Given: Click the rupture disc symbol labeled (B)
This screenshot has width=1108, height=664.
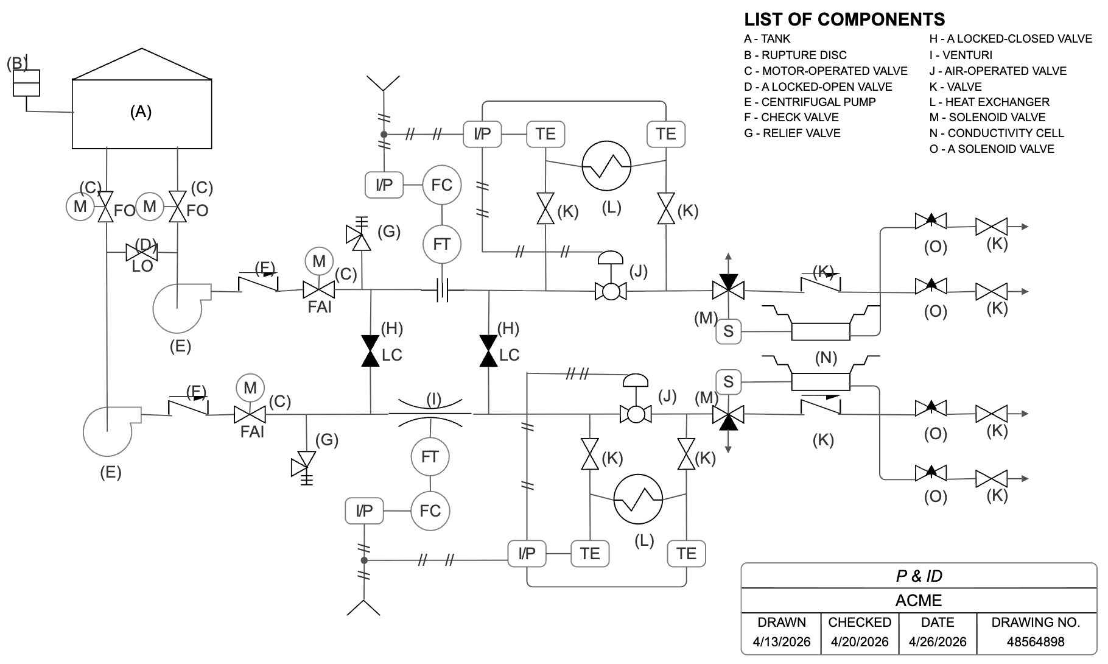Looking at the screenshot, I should pyautogui.click(x=27, y=83).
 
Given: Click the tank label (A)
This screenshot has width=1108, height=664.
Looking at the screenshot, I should pyautogui.click(x=141, y=111).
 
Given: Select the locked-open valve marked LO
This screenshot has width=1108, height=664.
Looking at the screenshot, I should pyautogui.click(x=141, y=252).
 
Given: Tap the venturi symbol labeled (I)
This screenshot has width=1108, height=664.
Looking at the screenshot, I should pyautogui.click(x=430, y=414).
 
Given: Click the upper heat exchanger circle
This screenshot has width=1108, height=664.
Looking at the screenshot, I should pyautogui.click(x=606, y=166).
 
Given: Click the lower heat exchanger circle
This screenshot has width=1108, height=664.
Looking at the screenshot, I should pyautogui.click(x=637, y=499).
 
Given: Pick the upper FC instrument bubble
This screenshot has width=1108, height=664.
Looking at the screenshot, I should pyautogui.click(x=441, y=185).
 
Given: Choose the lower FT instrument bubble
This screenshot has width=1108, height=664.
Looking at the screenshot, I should pyautogui.click(x=430, y=456).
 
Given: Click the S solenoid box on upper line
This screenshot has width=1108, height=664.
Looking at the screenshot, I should pyautogui.click(x=728, y=331).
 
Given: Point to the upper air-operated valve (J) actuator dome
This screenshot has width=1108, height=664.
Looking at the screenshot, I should pyautogui.click(x=611, y=258).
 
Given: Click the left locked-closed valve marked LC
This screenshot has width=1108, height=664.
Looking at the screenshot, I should pyautogui.click(x=370, y=351).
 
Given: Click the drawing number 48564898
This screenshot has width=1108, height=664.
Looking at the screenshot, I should pyautogui.click(x=1035, y=641).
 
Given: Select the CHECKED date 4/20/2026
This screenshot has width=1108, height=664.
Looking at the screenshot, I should pyautogui.click(x=859, y=641).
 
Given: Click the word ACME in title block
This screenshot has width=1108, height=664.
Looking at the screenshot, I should pyautogui.click(x=918, y=601).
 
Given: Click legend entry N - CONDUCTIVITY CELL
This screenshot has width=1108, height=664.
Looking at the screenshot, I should pyautogui.click(x=996, y=133).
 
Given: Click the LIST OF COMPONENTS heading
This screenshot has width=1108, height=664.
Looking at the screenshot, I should pyautogui.click(x=844, y=19).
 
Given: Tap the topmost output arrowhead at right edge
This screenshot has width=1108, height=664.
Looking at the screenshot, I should pyautogui.click(x=1025, y=227).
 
